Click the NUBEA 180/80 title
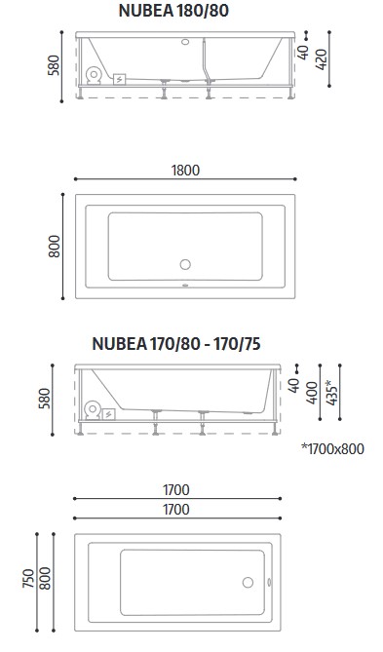point(173,11)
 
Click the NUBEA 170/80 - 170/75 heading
point(176,344)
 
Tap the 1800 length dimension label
point(185,171)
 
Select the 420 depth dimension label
point(322,59)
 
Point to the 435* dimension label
point(331,392)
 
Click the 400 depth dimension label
point(312,393)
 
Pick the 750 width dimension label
point(28,578)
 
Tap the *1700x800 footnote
point(332,448)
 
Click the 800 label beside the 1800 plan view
point(55,247)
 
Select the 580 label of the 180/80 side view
point(54,65)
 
